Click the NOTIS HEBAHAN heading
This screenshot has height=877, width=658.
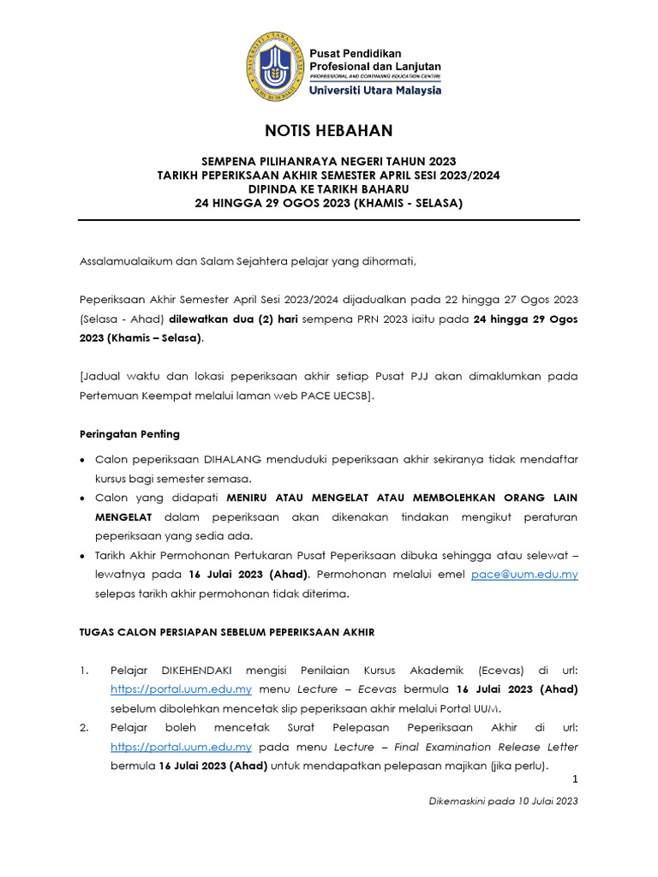pyautogui.click(x=328, y=131)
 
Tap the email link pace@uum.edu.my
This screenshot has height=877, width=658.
pyautogui.click(x=524, y=575)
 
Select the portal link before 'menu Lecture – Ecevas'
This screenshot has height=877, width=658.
pyautogui.click(x=181, y=689)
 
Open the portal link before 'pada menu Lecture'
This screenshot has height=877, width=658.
pyautogui.click(x=181, y=747)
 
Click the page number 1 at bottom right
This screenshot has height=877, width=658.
pyautogui.click(x=575, y=779)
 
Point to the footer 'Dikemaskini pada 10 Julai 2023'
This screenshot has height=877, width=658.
pyautogui.click(x=504, y=802)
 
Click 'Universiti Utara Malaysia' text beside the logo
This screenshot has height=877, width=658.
pyautogui.click(x=375, y=90)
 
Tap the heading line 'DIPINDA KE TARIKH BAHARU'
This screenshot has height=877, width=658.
pyautogui.click(x=328, y=188)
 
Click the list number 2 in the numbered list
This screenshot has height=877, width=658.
pyautogui.click(x=86, y=729)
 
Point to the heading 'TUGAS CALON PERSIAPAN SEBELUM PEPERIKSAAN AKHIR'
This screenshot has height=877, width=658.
pyautogui.click(x=226, y=632)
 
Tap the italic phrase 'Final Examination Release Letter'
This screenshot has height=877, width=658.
pyautogui.click(x=486, y=747)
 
